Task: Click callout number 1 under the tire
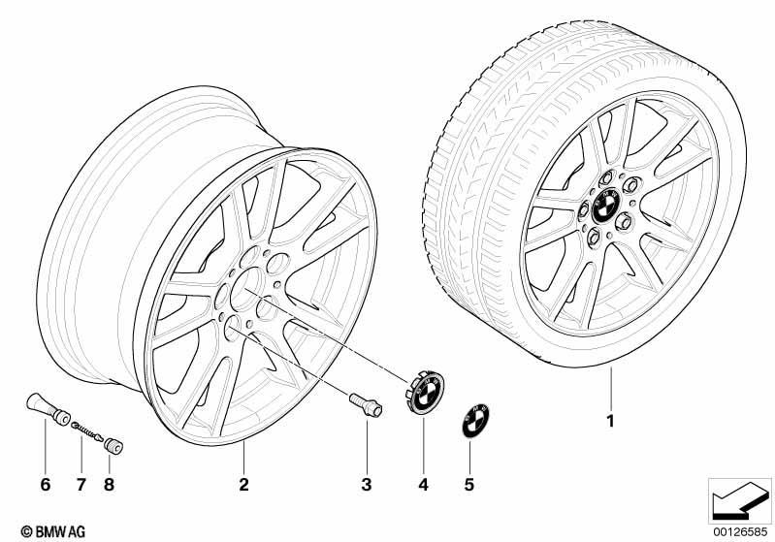pyautogui.click(x=610, y=421)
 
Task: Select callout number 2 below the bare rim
pyautogui.click(x=243, y=484)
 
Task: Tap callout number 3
pyautogui.click(x=367, y=484)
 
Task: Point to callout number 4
pyautogui.click(x=423, y=484)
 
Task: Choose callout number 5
pyautogui.click(x=469, y=484)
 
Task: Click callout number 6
pyautogui.click(x=45, y=484)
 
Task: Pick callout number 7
pyautogui.click(x=81, y=484)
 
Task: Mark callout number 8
pyautogui.click(x=109, y=484)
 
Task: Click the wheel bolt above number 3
pyautogui.click(x=366, y=404)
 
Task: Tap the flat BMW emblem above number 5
pyautogui.click(x=475, y=420)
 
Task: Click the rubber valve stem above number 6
pyautogui.click(x=48, y=408)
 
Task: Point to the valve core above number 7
pyautogui.click(x=87, y=430)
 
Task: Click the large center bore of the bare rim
pyautogui.click(x=245, y=289)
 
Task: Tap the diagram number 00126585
pyautogui.click(x=739, y=532)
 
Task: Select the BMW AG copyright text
pyautogui.click(x=53, y=531)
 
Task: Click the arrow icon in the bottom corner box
pyautogui.click(x=739, y=501)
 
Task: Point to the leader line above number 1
pyautogui.click(x=611, y=389)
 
